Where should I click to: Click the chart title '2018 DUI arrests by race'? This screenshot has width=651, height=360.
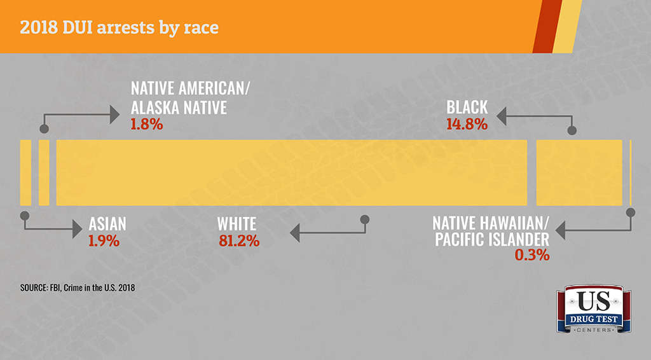[x=119, y=27]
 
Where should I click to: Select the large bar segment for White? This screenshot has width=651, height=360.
[x=291, y=173]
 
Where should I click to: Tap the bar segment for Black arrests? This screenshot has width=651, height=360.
[x=579, y=173]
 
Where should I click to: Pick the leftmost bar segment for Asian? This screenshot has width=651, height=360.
[x=25, y=173]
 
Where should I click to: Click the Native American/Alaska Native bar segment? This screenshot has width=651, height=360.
[x=44, y=173]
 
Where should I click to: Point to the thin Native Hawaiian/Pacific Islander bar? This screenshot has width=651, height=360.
[x=631, y=173]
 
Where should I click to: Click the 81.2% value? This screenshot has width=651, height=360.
[x=239, y=241]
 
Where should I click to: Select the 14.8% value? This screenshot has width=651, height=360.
[x=467, y=124]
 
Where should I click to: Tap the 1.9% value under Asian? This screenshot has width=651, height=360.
[x=104, y=241]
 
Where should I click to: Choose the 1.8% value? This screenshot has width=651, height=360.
[x=147, y=124]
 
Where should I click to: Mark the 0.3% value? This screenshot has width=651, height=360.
[x=532, y=255]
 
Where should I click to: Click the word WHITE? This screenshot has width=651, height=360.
[x=236, y=225]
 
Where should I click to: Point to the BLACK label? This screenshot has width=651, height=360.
[x=467, y=107]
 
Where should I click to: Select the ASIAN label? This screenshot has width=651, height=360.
[x=107, y=225]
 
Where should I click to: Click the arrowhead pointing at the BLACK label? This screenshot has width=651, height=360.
[x=501, y=116]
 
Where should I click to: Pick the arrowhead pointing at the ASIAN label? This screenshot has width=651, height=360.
[x=77, y=229]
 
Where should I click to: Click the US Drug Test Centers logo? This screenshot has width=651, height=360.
[x=594, y=309]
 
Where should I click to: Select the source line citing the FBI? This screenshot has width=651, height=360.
[x=78, y=287]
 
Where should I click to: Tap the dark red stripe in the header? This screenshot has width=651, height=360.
[x=547, y=27]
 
